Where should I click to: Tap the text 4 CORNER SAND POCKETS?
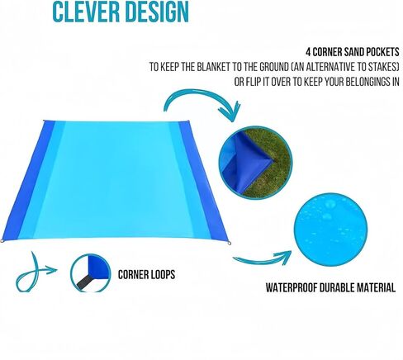[x=353, y=52]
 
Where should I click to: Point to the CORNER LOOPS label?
[x=146, y=274]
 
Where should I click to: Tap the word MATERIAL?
[x=377, y=287]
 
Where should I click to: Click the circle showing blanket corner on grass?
[x=255, y=163]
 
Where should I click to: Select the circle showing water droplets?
[x=330, y=230]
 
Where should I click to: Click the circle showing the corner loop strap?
[x=90, y=273]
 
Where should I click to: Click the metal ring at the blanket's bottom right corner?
[x=230, y=243]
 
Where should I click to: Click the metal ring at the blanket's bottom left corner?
[x=2, y=241]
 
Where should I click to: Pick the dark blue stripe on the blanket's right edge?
[x=203, y=180]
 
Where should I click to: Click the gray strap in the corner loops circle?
[x=84, y=282]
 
